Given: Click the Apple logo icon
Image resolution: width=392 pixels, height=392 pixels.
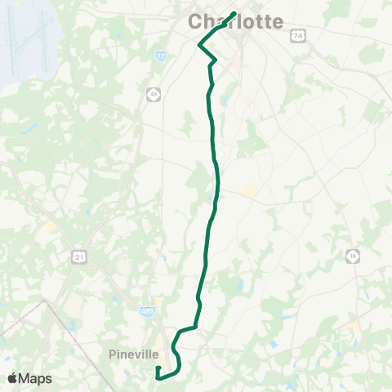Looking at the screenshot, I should tap(14, 378).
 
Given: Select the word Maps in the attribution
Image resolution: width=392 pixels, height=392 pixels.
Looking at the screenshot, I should tap(36, 378).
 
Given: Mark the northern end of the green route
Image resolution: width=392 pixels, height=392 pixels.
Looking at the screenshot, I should tap(235, 13).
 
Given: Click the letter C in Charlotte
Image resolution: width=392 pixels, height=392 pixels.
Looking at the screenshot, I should tap(197, 22).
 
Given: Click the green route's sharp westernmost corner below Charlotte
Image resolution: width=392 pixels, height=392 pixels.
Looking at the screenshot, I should tap(199, 46).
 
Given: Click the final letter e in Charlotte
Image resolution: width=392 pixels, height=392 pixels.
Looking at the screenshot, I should tap(278, 22).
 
